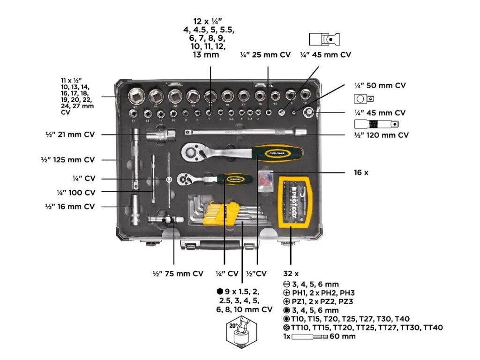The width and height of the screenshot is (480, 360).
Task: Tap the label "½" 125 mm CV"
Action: pos(67,160)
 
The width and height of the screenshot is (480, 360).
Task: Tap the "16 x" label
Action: pos(361,172)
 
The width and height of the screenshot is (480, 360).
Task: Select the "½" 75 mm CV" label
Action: pos(178,274)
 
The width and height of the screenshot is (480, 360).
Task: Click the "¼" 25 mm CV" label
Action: pos(265,55)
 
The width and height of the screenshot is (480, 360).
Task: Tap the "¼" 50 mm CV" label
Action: pos(380,86)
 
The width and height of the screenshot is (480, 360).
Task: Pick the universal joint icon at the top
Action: pos(324,39)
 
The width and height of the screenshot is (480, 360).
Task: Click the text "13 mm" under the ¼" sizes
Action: pos(206,55)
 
